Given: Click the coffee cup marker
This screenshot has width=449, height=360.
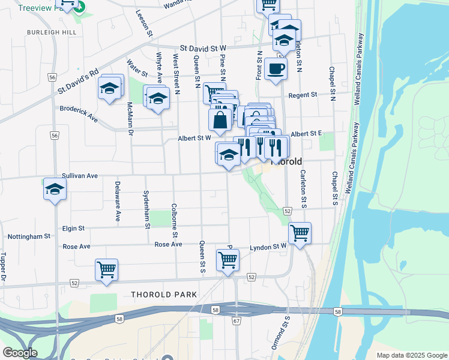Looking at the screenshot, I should click(276, 69).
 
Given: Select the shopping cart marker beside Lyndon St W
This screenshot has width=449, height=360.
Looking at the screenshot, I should click(300, 233).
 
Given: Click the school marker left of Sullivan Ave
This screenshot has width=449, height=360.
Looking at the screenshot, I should click(55, 190).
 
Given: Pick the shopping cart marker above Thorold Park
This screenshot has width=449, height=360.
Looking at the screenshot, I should click(107, 270).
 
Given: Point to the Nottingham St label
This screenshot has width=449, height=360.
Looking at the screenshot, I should click(29, 237).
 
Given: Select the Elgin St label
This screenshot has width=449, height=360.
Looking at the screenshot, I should click(73, 229).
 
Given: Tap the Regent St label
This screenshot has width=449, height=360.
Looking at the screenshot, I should click(303, 95).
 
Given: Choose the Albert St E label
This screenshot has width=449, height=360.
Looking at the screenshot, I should click(307, 133).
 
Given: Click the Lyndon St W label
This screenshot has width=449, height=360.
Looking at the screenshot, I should click(268, 247).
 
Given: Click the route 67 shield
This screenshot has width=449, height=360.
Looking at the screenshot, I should click(237, 322).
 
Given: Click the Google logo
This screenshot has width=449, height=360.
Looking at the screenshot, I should click(20, 353).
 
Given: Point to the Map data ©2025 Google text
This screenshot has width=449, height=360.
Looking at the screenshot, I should click(411, 355).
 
